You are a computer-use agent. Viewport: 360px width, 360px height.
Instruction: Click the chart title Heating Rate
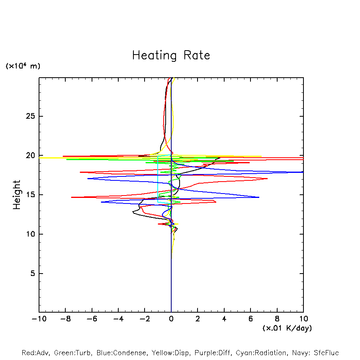click(171, 55)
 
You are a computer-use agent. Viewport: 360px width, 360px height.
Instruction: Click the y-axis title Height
click(17, 195)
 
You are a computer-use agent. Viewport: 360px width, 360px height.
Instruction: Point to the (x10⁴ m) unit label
click(23, 66)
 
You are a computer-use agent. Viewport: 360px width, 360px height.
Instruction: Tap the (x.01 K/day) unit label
click(287, 328)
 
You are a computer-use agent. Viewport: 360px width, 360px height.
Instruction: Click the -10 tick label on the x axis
click(39, 319)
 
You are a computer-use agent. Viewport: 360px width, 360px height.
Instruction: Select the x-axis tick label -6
click(92, 319)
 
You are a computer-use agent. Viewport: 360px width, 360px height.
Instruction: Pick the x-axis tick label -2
click(145, 319)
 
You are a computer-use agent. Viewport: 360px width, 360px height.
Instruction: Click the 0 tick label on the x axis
click(171, 319)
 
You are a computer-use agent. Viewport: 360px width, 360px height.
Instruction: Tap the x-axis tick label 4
click(224, 319)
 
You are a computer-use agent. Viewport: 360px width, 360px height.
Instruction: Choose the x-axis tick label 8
click(277, 319)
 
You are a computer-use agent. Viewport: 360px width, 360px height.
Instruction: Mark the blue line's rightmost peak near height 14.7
click(259, 197)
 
